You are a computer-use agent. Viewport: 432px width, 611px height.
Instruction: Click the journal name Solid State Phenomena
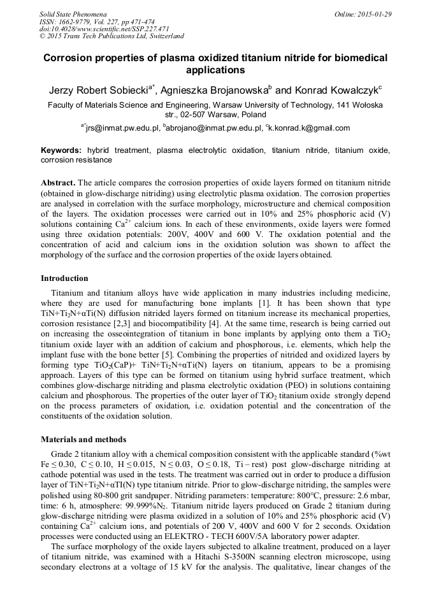coord(73,13)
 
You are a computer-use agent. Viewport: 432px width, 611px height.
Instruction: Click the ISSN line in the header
coord(94,21)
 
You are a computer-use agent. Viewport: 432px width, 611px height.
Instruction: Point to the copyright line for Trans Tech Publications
coord(112,36)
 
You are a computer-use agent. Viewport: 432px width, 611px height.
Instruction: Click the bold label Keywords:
coord(61,150)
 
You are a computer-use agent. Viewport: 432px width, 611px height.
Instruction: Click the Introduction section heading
coord(64,278)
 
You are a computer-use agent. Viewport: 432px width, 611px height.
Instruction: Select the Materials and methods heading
coord(83,439)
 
